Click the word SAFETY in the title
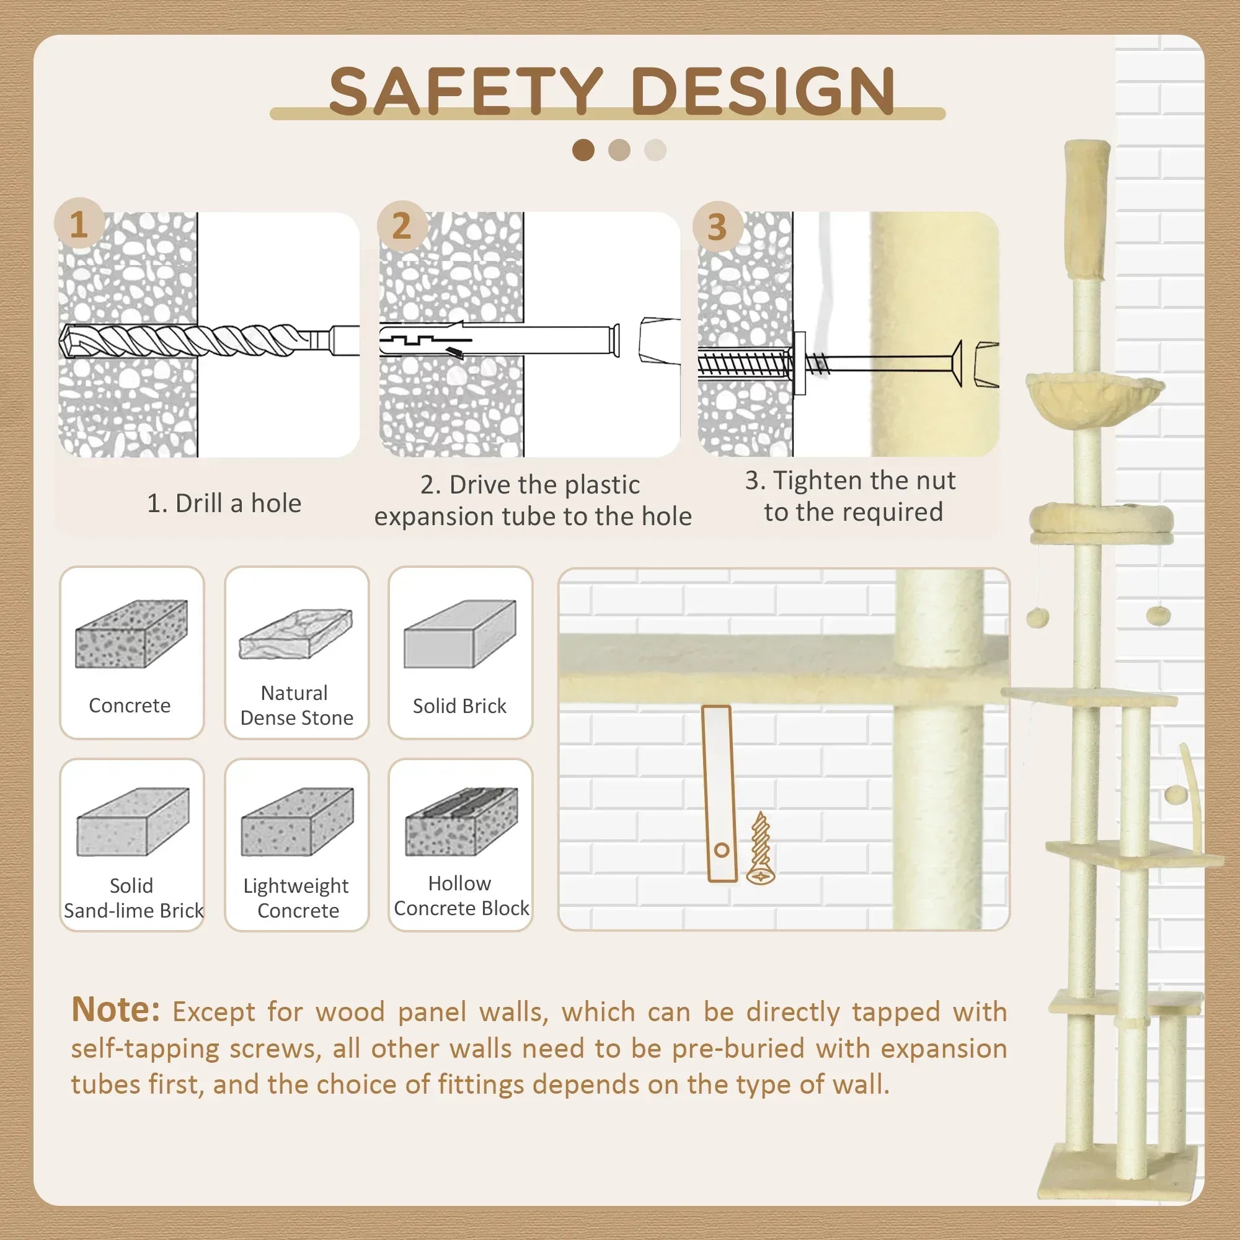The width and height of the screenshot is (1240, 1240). pyautogui.click(x=466, y=91)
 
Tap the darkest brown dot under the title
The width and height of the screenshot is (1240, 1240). pyautogui.click(x=583, y=150)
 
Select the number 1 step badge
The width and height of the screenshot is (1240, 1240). pyautogui.click(x=79, y=224)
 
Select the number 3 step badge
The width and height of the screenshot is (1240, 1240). pyautogui.click(x=717, y=226)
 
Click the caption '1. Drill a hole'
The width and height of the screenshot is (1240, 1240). pyautogui.click(x=224, y=503)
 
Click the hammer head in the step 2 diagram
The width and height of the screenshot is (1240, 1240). pyautogui.click(x=659, y=340)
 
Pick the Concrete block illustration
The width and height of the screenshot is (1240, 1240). pyautogui.click(x=131, y=634)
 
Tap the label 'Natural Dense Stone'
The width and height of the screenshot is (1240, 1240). pyautogui.click(x=296, y=705)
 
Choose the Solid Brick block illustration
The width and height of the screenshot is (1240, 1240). pyautogui.click(x=460, y=634)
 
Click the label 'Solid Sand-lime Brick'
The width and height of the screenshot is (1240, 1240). pyautogui.click(x=133, y=898)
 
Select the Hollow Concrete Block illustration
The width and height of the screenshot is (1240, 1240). pyautogui.click(x=461, y=821)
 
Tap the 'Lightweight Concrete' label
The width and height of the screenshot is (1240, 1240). pyautogui.click(x=297, y=898)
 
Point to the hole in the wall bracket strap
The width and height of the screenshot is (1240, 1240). pyautogui.click(x=722, y=851)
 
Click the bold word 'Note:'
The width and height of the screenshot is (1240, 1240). pyautogui.click(x=115, y=1009)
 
